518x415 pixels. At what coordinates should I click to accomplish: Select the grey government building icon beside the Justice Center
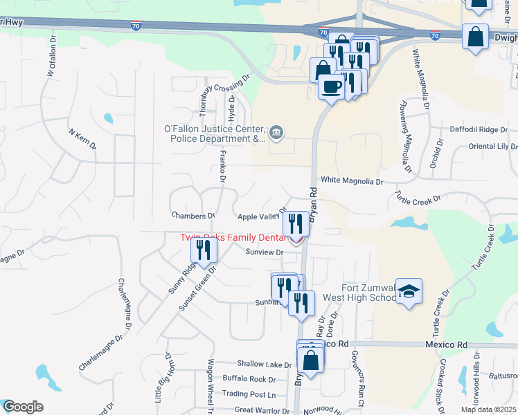tap(276, 132)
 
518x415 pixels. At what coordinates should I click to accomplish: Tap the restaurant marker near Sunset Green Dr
tap(203, 250)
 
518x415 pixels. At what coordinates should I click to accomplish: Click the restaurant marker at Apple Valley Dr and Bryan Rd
tap(296, 223)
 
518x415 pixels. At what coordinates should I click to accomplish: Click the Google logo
tap(23, 407)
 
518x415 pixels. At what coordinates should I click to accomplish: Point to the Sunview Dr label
tap(265, 252)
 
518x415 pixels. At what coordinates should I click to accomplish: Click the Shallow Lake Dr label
tap(264, 364)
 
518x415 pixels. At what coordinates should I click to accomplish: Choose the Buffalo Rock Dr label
tap(249, 379)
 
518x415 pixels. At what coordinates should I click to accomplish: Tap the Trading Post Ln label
tap(249, 394)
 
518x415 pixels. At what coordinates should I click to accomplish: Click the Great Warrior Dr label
tap(263, 409)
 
